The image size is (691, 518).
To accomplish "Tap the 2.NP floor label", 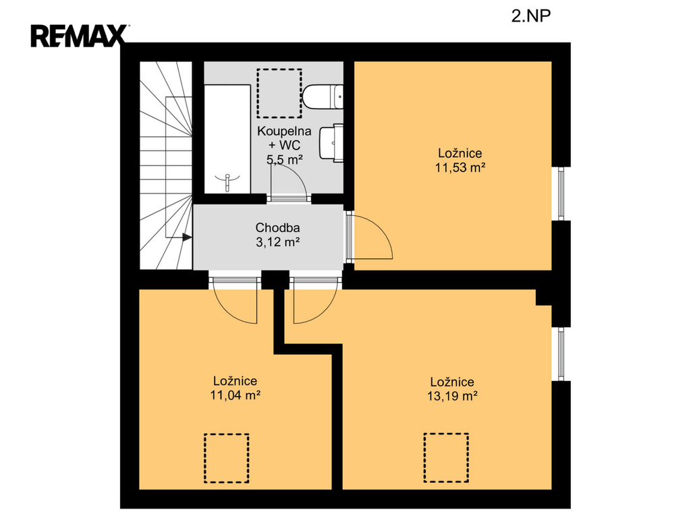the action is tap(531, 16).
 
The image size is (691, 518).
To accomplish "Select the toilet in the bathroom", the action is tap(323, 96).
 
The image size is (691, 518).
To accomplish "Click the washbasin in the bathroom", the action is tap(331, 143).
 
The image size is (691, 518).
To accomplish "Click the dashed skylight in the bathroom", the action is tap(279, 93).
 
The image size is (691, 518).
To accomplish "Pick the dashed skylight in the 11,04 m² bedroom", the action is tap(227, 458).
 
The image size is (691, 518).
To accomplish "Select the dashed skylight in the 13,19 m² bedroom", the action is tap(446, 458).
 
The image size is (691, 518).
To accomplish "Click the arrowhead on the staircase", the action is tap(188, 237).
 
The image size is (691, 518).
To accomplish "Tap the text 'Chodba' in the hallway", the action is tap(277, 228).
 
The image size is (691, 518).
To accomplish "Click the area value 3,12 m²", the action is tap(278, 242).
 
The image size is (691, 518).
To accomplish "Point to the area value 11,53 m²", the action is tap(460, 167).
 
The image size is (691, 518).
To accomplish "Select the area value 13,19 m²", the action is tap(452, 396).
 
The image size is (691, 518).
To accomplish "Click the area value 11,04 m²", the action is tap(235, 395).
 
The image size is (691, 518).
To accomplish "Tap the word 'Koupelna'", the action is tap(284, 131).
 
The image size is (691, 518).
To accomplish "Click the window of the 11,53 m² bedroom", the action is tap(561, 194).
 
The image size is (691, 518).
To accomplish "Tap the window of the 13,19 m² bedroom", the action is tap(561, 354).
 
